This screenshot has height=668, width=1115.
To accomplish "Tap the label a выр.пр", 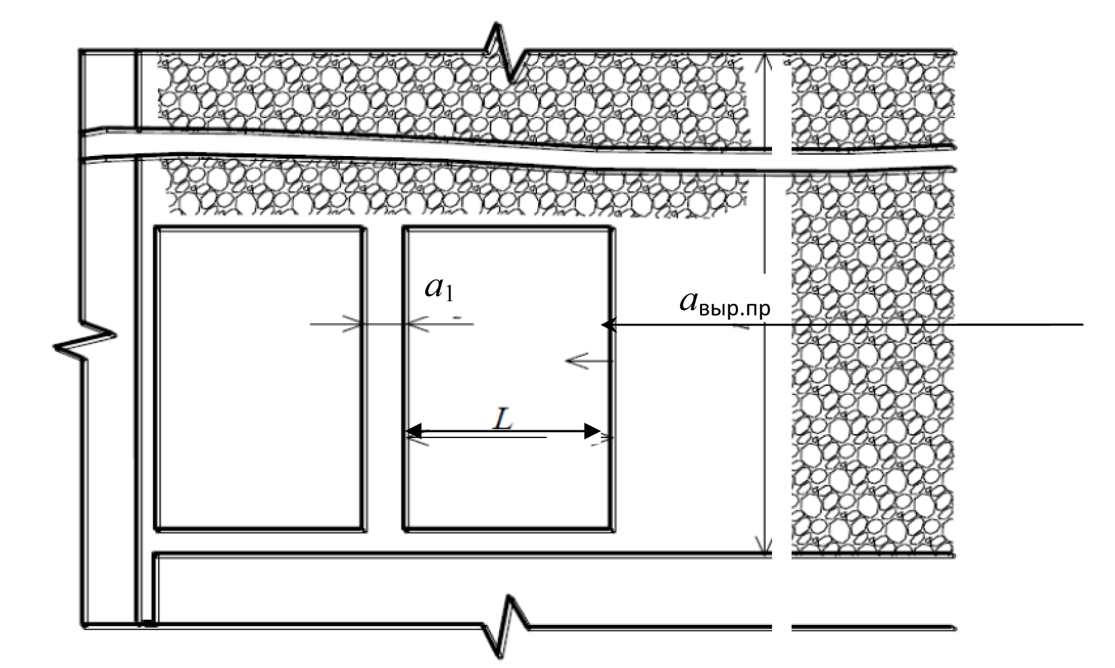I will coord(724,303).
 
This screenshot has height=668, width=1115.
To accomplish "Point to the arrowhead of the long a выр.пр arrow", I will coord(608,325).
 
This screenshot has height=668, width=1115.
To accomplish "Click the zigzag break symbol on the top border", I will coord(507,55).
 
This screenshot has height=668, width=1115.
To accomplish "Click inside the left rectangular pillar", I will coord(259,379).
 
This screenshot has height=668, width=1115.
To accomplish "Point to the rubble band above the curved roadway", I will coord(450,90).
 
